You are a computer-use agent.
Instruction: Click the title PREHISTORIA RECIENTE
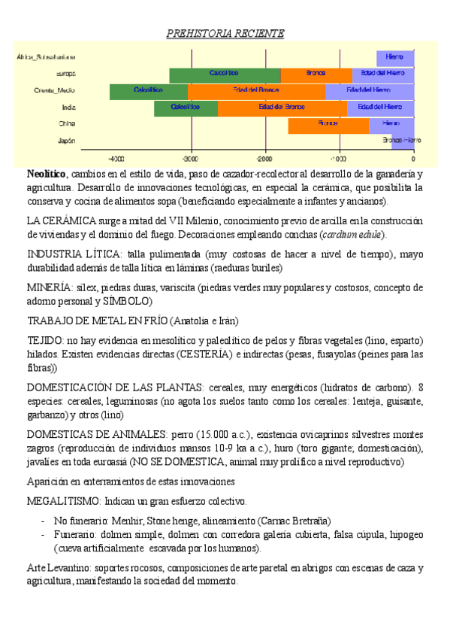[x=225, y=34]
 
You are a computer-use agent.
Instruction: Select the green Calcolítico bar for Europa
[x=225, y=74]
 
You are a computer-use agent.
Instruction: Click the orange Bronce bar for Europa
[x=316, y=74]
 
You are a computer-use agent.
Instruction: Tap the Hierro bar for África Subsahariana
[x=394, y=57]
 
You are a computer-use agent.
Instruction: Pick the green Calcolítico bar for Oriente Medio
[x=148, y=90]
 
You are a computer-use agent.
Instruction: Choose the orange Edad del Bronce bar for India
[x=282, y=107]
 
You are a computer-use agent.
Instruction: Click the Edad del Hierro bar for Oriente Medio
[x=369, y=90]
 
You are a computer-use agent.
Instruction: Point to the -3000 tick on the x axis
[x=191, y=159]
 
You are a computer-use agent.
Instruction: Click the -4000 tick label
[x=116, y=159]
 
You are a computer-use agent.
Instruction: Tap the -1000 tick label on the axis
[x=339, y=159]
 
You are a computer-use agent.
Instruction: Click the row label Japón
[x=66, y=140]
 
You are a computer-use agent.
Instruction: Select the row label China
[x=66, y=123]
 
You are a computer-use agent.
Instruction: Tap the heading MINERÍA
[x=49, y=287]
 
